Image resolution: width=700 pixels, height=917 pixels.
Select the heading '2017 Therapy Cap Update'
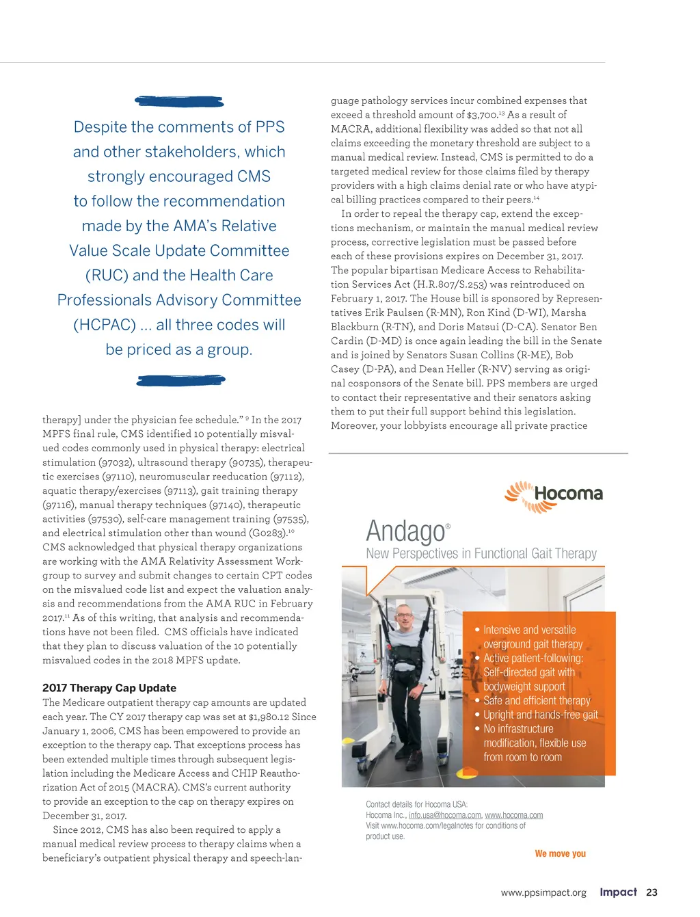(x=109, y=688)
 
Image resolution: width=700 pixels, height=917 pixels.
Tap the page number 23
(x=651, y=892)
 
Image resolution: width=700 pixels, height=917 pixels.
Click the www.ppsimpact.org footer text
(x=543, y=892)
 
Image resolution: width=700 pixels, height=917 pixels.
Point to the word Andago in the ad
(x=405, y=531)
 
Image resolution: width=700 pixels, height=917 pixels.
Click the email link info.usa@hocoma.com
(x=445, y=815)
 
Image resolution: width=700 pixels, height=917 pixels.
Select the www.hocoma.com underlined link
(x=514, y=815)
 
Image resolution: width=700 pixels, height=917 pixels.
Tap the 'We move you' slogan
(x=560, y=853)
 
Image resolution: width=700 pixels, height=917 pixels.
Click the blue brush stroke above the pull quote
(x=179, y=102)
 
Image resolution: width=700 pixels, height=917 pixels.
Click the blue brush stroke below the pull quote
(x=180, y=380)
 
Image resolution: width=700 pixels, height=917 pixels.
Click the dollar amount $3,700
(x=482, y=115)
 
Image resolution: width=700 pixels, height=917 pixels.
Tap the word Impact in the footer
(x=618, y=892)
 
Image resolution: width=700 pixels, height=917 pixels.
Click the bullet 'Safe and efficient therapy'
(x=537, y=701)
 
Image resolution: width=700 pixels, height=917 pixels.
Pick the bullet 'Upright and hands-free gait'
(x=540, y=715)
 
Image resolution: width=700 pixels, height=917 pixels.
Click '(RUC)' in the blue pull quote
(x=106, y=276)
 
